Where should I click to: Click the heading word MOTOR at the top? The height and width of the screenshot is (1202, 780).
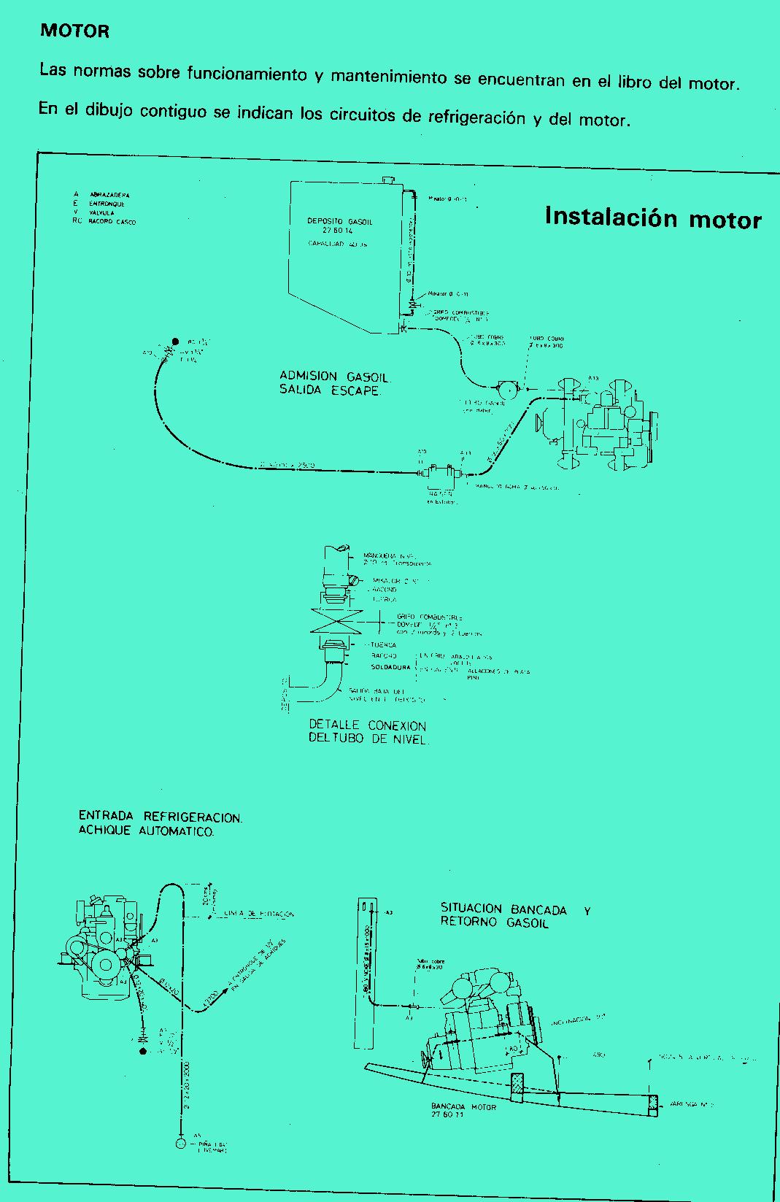[74, 31]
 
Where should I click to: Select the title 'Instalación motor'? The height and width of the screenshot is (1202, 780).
[653, 217]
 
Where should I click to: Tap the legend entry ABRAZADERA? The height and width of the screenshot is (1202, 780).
[109, 195]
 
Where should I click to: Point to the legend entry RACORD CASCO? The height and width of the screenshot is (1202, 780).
[112, 221]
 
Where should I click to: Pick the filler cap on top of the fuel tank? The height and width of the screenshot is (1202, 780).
[388, 180]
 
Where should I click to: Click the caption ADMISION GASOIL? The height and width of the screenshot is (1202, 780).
[335, 377]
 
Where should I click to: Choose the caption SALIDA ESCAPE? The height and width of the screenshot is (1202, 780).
[329, 390]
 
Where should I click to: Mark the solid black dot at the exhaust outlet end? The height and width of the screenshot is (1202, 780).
[175, 342]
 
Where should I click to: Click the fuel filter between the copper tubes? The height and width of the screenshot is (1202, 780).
[506, 388]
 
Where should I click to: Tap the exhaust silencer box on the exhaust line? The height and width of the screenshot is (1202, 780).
[441, 473]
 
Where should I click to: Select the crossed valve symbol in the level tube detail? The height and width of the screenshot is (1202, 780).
[336, 621]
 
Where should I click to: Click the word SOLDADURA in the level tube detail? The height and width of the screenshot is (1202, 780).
[390, 667]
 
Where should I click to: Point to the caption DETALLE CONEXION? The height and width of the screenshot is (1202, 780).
[367, 725]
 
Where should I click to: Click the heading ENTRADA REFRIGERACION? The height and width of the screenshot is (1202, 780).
[160, 817]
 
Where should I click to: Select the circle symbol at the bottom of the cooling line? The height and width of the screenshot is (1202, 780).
[181, 1144]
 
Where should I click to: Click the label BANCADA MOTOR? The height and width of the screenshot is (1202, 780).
[463, 1107]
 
